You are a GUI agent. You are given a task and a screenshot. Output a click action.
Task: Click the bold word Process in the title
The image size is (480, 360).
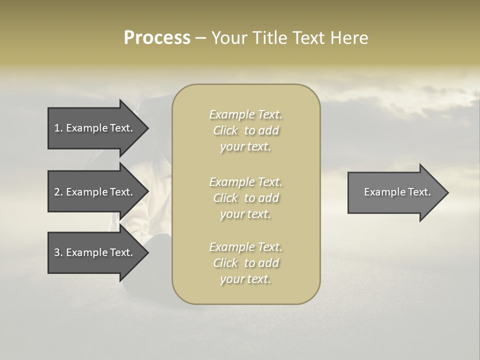coord(157,38)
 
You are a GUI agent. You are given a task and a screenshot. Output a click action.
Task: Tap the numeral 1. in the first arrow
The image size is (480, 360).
coord(58,128)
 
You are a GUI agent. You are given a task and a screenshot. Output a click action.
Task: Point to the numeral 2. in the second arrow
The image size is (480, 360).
coord(58,192)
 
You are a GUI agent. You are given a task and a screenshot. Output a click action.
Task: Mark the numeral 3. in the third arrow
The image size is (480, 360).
coord(58,252)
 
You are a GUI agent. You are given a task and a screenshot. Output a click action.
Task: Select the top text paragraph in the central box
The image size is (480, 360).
coord(245,130)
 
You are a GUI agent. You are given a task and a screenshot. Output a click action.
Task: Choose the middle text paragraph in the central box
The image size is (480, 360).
coord(245,198)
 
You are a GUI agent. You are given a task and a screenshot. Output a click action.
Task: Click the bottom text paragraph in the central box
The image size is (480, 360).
coord(245,263)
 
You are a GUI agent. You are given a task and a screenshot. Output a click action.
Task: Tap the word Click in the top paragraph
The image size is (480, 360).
coord(225,130)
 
